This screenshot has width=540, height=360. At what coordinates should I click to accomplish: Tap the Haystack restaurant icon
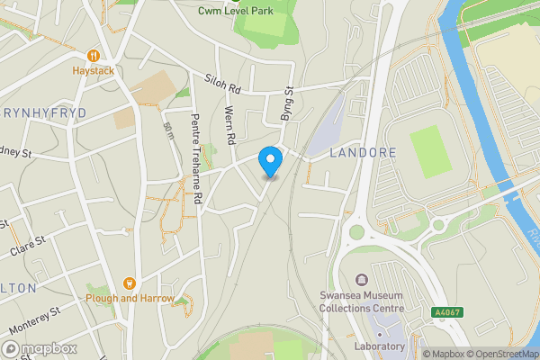(x=92, y=53)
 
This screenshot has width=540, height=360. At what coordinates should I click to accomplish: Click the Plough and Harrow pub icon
(x=129, y=283)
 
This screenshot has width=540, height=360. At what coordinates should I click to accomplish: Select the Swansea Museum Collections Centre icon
(x=362, y=279)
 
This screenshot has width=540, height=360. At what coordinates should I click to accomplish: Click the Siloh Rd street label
(x=224, y=83)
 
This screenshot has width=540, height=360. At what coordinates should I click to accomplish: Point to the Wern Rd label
(x=229, y=127)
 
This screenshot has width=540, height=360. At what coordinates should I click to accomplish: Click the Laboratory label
(x=379, y=346)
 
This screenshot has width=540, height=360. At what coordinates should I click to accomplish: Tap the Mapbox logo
(x=40, y=348)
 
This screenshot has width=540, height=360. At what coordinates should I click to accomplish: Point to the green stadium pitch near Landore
(x=430, y=146)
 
